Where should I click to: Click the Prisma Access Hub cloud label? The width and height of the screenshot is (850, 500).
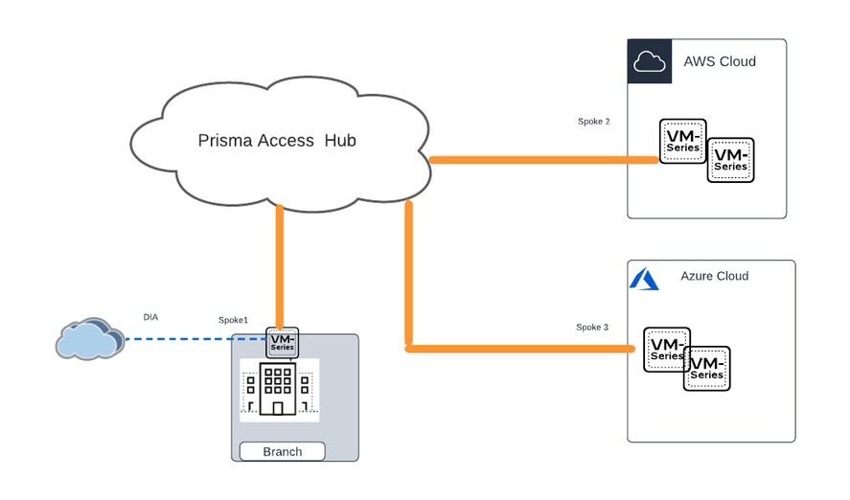click(x=277, y=141)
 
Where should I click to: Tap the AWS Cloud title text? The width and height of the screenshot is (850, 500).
click(x=720, y=61)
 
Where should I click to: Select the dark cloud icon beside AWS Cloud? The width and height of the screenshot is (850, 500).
click(x=649, y=61)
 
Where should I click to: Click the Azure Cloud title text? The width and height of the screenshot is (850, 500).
click(x=715, y=276)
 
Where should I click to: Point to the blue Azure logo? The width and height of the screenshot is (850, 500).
click(x=644, y=279)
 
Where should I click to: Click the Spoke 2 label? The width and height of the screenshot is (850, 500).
click(x=594, y=122)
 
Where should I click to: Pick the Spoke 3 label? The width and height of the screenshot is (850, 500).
click(x=592, y=328)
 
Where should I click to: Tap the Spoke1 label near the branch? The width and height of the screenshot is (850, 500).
click(x=234, y=320)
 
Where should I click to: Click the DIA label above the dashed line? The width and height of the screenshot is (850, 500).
click(x=150, y=316)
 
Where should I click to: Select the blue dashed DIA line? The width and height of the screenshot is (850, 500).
click(x=192, y=339)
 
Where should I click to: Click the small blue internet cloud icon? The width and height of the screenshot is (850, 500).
click(x=90, y=338)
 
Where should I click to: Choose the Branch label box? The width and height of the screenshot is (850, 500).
click(x=282, y=451)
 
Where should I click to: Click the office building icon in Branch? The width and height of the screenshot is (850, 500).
click(x=278, y=390)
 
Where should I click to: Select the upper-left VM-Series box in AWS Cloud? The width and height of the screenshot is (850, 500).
click(x=681, y=140)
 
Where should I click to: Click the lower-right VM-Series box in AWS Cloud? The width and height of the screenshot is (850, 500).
click(x=731, y=161)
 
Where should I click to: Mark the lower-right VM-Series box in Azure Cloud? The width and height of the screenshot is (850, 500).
click(x=708, y=370)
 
